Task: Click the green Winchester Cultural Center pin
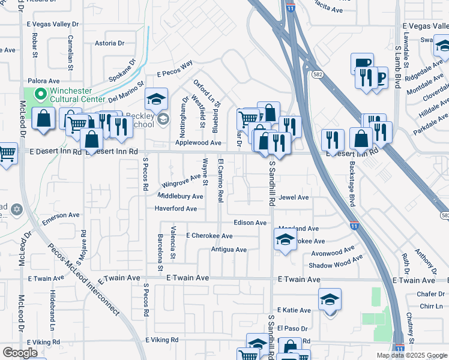[x=41, y=94]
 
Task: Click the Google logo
[x=20, y=353]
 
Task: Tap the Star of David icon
[x=16, y=209]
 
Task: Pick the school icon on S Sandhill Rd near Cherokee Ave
[x=285, y=241]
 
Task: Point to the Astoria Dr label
[x=109, y=43]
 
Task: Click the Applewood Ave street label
[x=198, y=143]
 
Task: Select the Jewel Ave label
[x=294, y=197]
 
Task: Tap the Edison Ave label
[x=250, y=223]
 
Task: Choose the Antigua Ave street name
[x=229, y=250]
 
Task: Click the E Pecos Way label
[x=175, y=69]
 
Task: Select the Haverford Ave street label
[x=175, y=209]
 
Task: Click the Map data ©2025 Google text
[x=411, y=355]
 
